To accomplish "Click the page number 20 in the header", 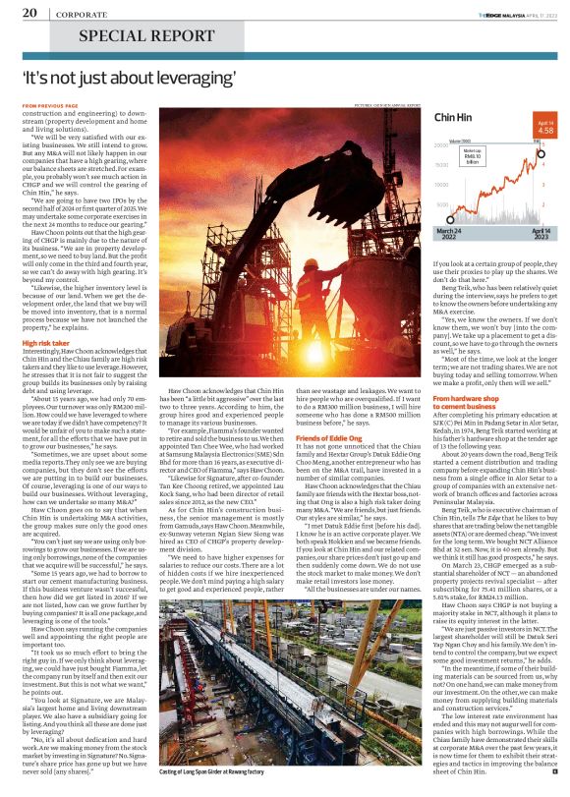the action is point(29,13).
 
